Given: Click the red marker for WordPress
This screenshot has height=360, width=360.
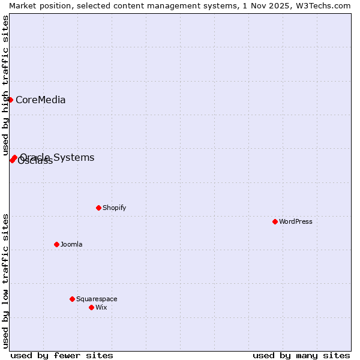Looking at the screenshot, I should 275,221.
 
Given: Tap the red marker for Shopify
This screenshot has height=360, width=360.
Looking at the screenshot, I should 98,208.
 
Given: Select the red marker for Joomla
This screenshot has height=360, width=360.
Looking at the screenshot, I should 56,244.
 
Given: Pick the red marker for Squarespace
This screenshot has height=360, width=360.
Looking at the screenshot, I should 72,299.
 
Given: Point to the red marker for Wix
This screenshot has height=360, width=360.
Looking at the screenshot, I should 91,307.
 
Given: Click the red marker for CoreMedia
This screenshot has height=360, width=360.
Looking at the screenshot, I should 10,100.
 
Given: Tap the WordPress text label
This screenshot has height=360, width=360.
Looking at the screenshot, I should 296,221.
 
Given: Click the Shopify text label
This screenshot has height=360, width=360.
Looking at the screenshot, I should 115,208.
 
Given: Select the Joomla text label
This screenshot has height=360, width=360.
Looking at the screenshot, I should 71,244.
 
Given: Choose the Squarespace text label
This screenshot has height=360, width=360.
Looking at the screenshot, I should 97,299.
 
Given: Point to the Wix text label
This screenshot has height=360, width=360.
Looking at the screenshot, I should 101,307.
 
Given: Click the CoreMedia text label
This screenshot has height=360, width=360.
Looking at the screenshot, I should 41,100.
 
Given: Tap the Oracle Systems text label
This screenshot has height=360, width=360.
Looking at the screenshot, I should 58,157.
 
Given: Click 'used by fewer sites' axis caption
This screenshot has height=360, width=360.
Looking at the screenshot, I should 62,355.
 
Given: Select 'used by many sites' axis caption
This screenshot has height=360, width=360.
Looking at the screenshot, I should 301,355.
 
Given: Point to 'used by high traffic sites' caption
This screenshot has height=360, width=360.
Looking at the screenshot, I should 5,85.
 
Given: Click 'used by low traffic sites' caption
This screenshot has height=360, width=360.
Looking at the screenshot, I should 5,281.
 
